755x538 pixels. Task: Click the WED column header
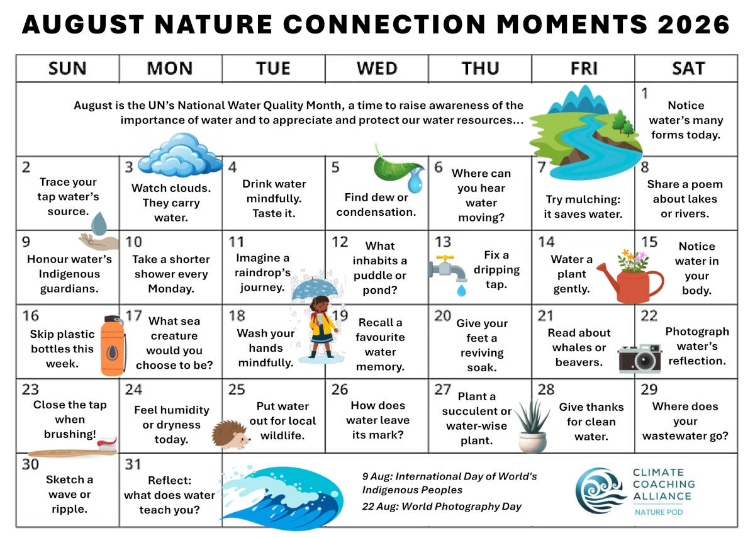[x=377, y=69]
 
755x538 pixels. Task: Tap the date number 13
[x=442, y=242]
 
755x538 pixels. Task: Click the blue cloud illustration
[x=181, y=154]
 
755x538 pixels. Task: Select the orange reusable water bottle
[x=113, y=345]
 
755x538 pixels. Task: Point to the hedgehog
[x=230, y=435]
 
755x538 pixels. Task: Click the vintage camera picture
[x=640, y=358]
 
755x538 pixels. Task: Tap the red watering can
[x=630, y=283]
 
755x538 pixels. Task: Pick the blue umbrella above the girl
[x=315, y=289]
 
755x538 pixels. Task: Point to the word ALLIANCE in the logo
[x=662, y=496]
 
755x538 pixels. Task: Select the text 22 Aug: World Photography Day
[x=442, y=507]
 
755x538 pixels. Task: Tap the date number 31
[x=133, y=464]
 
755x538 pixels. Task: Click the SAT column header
[x=688, y=69]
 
